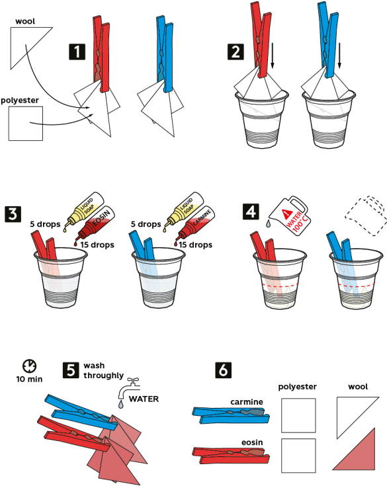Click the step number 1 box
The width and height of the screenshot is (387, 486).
click(77, 52)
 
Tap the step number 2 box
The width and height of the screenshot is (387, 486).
click(236, 52)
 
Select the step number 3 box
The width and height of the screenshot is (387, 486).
click(13, 214)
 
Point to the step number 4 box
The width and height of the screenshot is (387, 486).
click(251, 212)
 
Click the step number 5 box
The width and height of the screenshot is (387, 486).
click(71, 370)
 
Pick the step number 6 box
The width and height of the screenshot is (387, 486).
click(224, 370)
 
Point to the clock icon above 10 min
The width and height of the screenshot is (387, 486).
click(30, 366)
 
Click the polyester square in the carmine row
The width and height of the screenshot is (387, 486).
click(298, 415)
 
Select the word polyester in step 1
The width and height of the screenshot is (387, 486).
click(20, 101)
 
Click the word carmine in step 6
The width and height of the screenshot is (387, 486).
click(247, 402)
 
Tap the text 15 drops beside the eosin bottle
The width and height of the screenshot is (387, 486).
click(97, 245)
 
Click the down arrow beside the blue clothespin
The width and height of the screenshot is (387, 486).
click(339, 56)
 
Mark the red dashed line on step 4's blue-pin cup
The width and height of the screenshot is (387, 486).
click(357, 285)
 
